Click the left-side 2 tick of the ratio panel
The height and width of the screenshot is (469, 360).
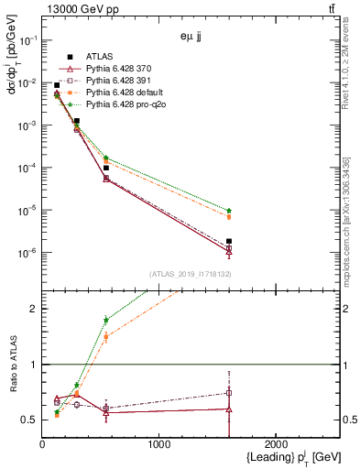point(34,309)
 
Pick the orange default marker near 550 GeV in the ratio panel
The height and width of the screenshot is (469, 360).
point(106,337)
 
